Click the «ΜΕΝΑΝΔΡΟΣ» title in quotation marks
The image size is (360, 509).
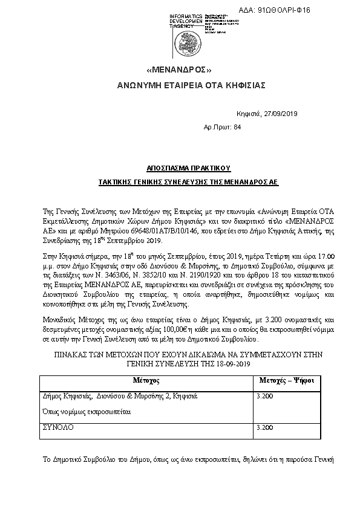coord(179,70)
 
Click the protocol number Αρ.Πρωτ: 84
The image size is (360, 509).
coord(223,127)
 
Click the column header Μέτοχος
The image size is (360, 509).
coord(145,381)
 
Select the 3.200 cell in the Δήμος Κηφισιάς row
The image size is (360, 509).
coord(265,395)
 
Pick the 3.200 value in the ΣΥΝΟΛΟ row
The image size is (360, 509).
coord(265,427)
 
